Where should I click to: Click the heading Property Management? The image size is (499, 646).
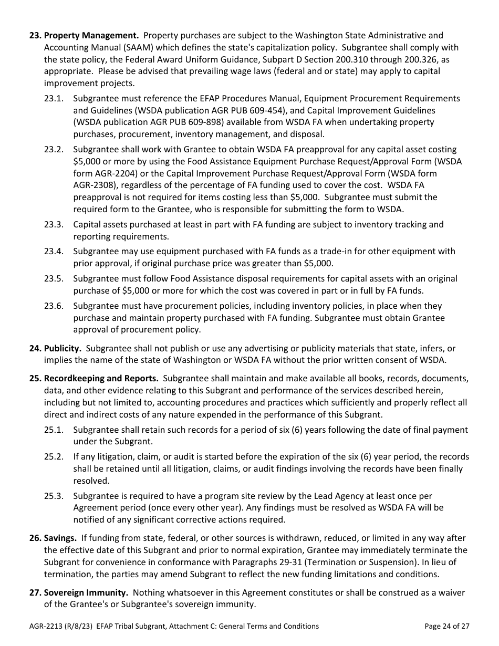pos(91,36)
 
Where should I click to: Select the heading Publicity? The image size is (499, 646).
pos(63,348)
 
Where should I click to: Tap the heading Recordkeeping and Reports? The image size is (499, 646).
pos(101,378)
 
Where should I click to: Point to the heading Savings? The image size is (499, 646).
pos(61,538)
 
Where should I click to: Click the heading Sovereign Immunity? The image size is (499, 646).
pos(86,592)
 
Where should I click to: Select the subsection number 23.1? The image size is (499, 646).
pos(54,98)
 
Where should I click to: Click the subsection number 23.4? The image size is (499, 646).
pos(54,252)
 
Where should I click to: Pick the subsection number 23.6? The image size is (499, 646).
pos(54,306)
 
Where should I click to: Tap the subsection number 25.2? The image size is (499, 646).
pos(54,457)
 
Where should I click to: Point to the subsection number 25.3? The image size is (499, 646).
pos(54,496)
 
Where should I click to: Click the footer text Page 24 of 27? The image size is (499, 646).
pos(446,626)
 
